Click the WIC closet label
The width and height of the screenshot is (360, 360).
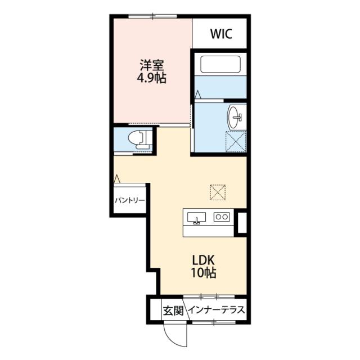tap(221, 34)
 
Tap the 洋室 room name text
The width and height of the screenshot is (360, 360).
tap(152, 65)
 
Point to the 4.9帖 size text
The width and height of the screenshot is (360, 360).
tap(151, 78)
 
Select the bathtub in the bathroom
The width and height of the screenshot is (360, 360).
tap(220, 64)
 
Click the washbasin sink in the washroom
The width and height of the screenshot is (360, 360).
tap(235, 117)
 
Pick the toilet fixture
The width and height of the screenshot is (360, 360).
tap(139, 140)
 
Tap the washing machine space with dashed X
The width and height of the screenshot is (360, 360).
tap(236, 141)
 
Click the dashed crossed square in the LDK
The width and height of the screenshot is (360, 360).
tap(218, 192)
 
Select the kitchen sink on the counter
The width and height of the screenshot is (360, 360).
tap(196, 218)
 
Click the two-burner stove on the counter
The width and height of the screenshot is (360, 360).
tap(222, 217)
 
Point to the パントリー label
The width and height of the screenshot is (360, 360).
tap(130, 200)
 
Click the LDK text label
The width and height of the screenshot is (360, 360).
tap(204, 260)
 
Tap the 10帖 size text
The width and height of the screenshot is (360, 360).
tap(204, 273)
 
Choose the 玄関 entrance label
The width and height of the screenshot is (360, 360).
tap(173, 310)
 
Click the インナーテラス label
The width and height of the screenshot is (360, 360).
tap(216, 310)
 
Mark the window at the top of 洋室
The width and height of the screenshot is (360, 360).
tap(152, 16)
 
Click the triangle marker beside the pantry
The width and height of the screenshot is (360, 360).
tap(117, 179)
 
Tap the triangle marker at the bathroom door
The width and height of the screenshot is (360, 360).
tap(197, 94)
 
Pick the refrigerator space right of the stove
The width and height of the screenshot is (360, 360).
tap(242, 223)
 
